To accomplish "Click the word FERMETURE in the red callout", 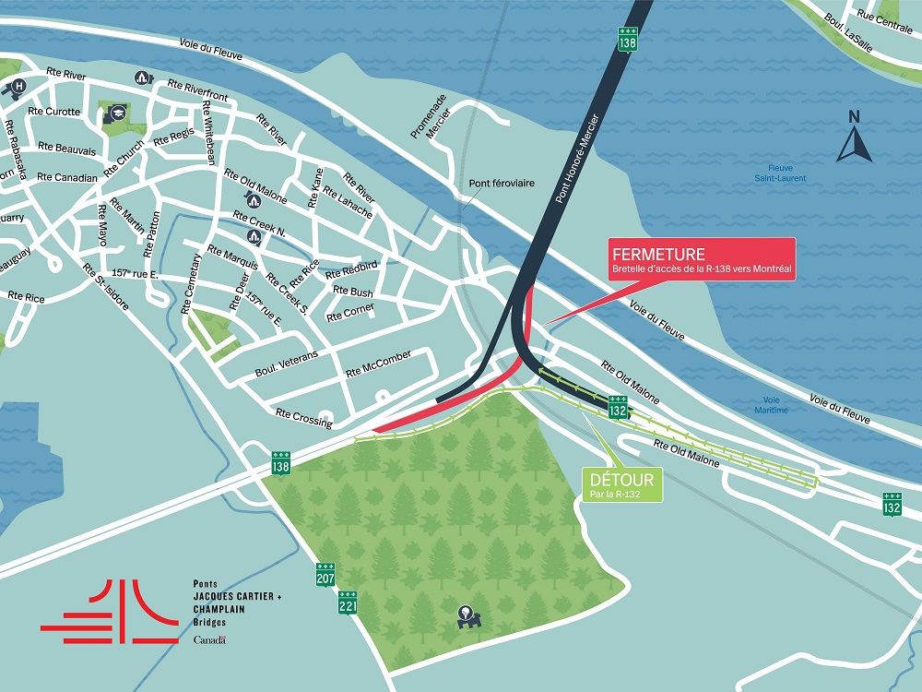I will tap(657, 254).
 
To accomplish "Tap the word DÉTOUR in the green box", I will tap(622, 480).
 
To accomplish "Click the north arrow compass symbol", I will tap(854, 138).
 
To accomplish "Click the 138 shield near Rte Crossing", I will tap(281, 464).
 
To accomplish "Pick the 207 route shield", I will tap(325, 575).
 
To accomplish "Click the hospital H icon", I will tap(16, 88).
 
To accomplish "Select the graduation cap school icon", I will tap(118, 113).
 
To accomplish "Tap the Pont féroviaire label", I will tap(501, 184).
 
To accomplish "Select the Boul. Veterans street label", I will tap(286, 364).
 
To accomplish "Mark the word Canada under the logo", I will tap(209, 639).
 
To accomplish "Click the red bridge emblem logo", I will tap(111, 612).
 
